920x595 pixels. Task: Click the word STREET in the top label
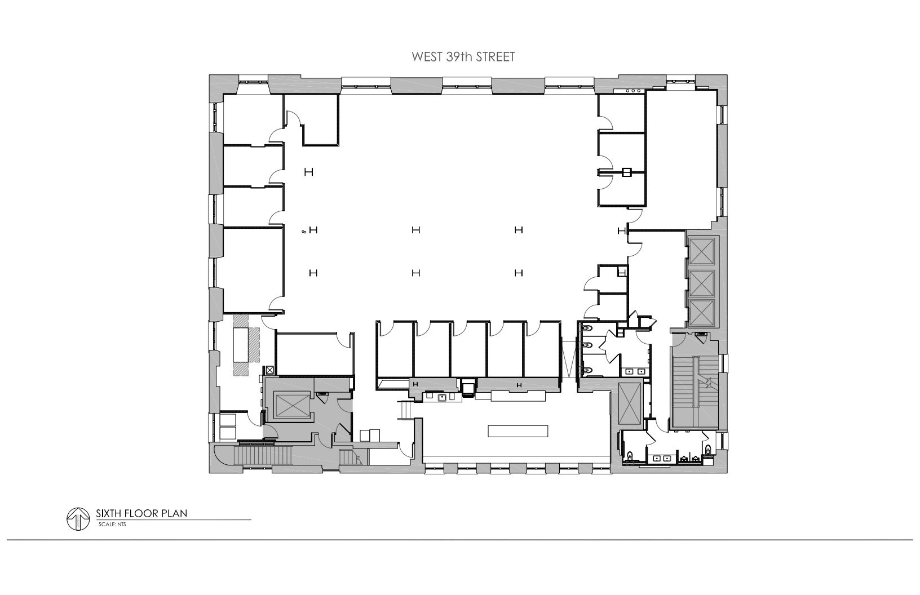pos(496,57)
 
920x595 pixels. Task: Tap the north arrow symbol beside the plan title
pos(78,519)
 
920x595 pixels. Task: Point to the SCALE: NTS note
pos(112,525)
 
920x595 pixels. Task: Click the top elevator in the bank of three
pos(702,252)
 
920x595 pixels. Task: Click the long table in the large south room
pos(517,430)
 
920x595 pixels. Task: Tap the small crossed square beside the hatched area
pos(269,370)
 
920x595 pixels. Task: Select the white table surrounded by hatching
pos(243,344)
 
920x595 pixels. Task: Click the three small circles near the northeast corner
pos(633,90)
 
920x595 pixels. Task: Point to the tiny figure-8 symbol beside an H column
pos(303,231)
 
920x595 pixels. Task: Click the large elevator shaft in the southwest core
pos(292,404)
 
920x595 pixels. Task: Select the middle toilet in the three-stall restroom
pos(586,345)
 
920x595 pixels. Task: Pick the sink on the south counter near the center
pos(443,397)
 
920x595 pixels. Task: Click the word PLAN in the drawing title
pos(175,513)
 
